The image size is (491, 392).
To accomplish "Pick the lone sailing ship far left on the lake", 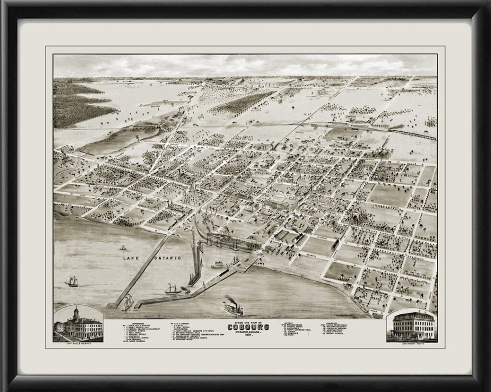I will pos(72,281).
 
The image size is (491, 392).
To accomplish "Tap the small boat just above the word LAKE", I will pos(123,248).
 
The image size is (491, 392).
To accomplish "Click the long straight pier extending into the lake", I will pos(139,270).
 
